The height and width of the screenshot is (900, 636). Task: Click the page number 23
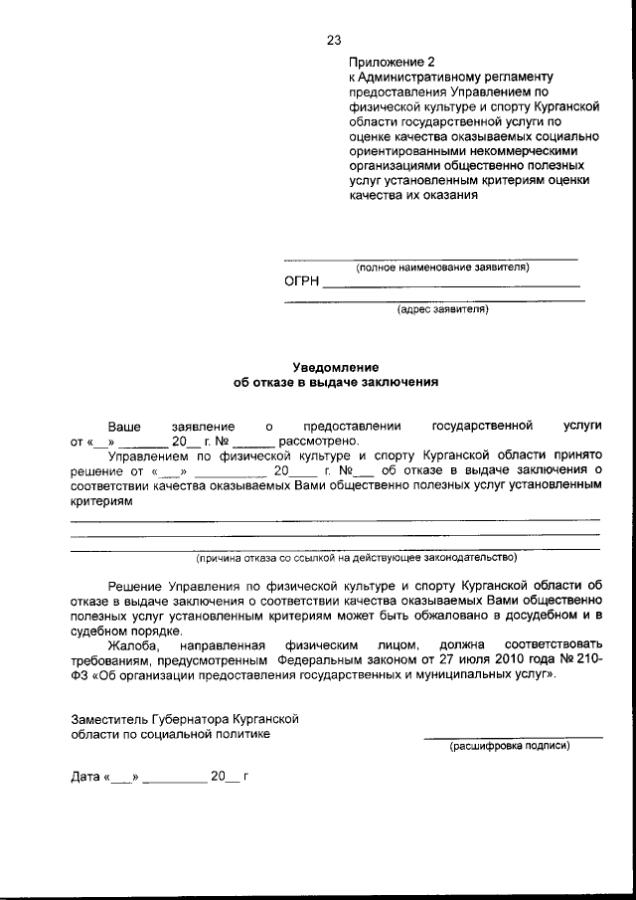click(x=333, y=41)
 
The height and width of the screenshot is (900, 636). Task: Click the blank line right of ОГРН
click(x=451, y=286)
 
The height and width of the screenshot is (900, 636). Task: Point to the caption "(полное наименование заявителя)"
click(x=443, y=268)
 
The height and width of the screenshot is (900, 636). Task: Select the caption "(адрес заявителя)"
click(x=442, y=309)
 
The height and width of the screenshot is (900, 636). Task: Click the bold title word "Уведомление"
click(x=335, y=367)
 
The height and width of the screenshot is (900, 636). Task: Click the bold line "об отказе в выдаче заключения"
click(x=335, y=382)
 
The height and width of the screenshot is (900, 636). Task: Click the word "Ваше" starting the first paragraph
click(x=124, y=425)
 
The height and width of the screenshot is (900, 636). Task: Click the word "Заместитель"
click(x=109, y=718)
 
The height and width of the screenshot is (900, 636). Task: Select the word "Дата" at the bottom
click(x=85, y=777)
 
